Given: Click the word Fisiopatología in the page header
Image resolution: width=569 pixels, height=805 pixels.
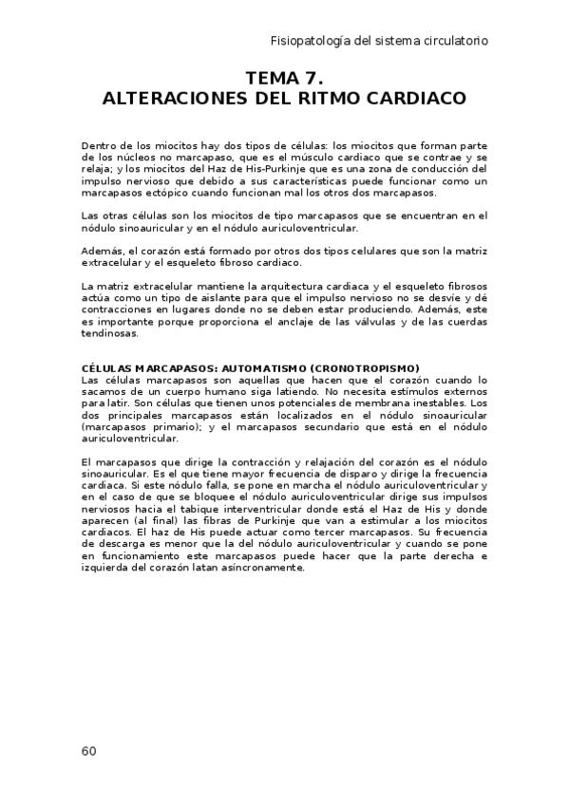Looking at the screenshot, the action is coord(309,41).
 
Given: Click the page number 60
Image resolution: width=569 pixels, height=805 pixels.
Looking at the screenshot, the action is coord(88,751).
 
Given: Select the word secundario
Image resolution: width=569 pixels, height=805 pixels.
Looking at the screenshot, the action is coord(336,426).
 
